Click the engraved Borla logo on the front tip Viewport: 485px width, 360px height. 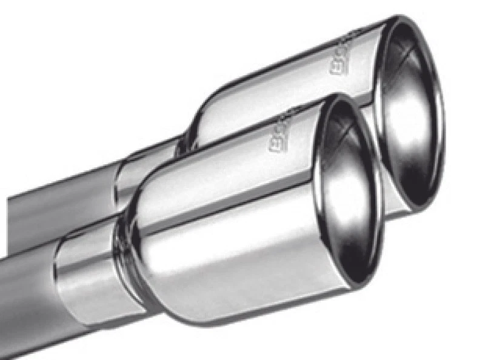[x=284, y=130]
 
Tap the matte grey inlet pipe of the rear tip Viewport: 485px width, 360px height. [x=61, y=200]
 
